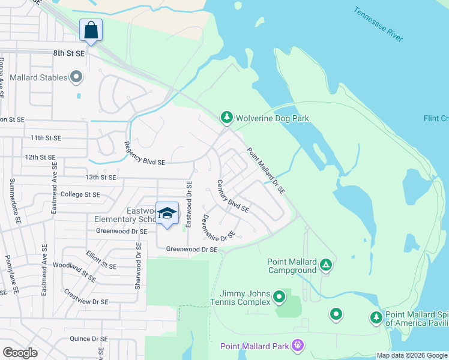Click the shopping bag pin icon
tap(91, 30)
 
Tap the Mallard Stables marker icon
tap(76, 77)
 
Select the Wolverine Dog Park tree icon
tap(226, 118)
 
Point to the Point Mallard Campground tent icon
tap(325, 264)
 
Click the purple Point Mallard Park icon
tap(296, 345)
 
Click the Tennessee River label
tap(378, 24)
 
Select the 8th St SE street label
tap(69, 53)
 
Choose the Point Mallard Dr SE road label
tap(265, 171)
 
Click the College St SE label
tap(80, 194)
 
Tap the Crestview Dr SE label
tap(86, 297)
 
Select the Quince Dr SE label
tap(88, 338)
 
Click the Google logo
tap(20, 353)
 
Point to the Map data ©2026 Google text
tap(411, 355)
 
